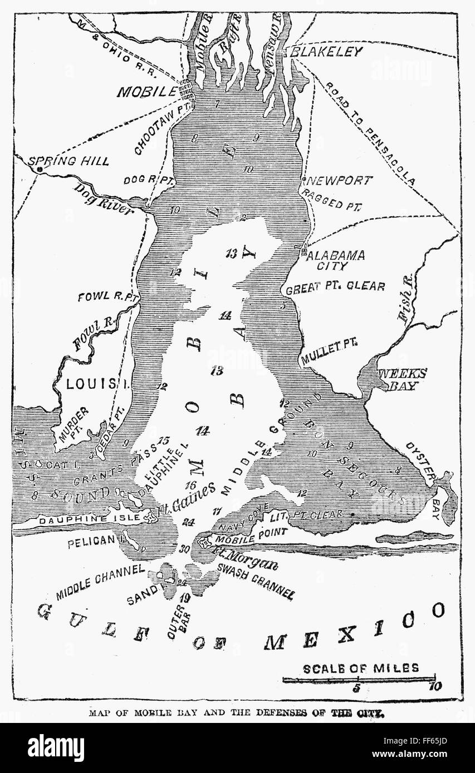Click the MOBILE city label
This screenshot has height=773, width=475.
pyautogui.click(x=145, y=92)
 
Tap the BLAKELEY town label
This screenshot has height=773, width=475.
pyautogui.click(x=326, y=52)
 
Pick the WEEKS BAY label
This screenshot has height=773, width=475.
pyautogui.click(x=402, y=378)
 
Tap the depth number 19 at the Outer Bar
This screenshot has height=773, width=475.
pyautogui.click(x=185, y=598)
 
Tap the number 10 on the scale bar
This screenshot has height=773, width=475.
pyautogui.click(x=434, y=686)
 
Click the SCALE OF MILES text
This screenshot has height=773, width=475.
pyautogui.click(x=360, y=668)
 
